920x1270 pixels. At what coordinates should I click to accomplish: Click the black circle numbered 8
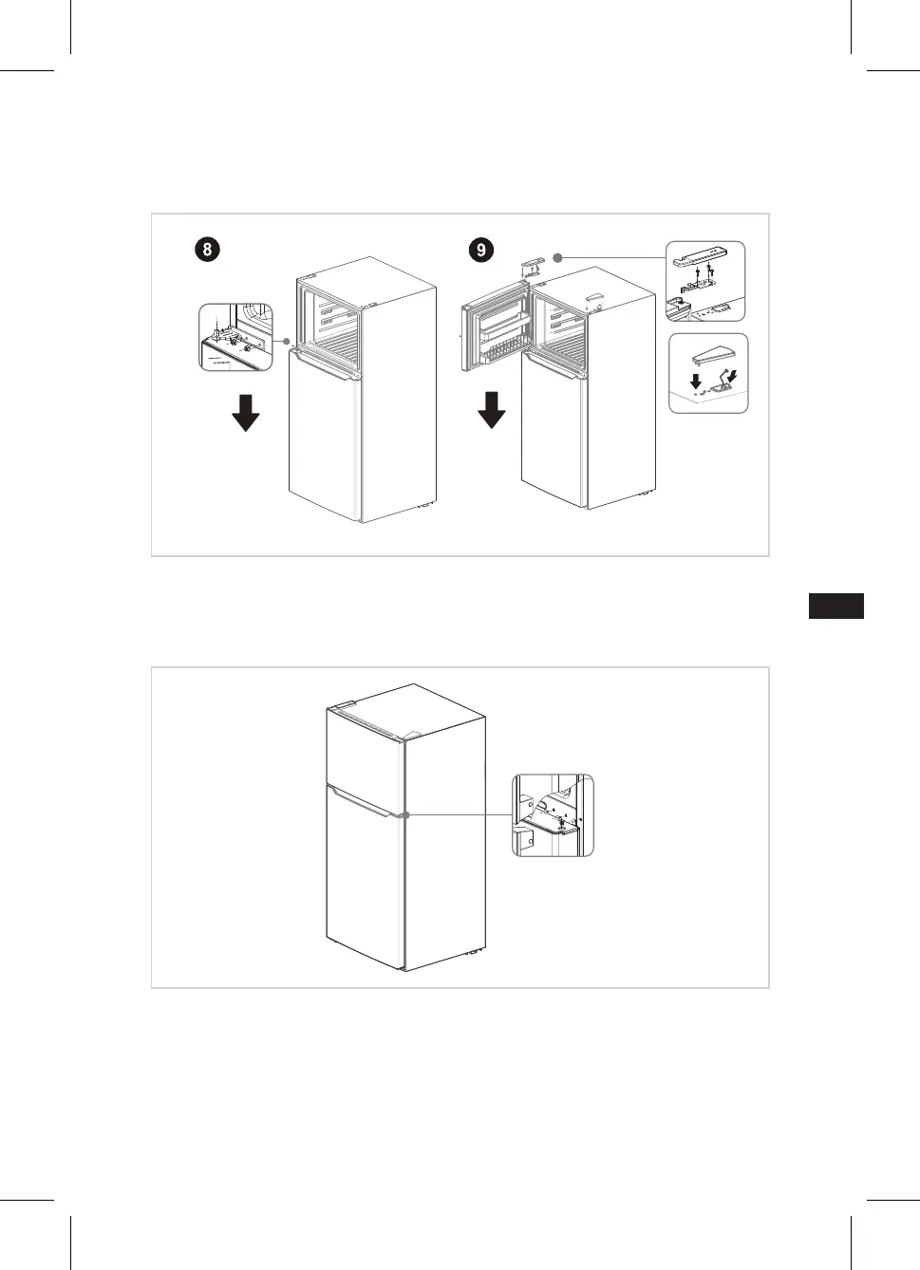207,250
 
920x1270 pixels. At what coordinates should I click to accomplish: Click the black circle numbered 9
481,250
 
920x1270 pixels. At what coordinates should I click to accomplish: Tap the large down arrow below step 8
246,413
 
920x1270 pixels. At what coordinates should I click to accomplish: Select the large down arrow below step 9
492,410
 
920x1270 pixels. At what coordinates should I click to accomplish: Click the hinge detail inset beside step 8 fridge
235,337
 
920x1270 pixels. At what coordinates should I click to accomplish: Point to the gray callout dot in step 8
287,342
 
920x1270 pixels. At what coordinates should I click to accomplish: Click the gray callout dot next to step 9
558,258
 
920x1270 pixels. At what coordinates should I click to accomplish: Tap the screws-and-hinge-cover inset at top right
705,281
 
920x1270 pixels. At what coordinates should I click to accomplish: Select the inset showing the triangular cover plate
708,373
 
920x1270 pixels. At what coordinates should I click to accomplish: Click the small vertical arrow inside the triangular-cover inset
696,382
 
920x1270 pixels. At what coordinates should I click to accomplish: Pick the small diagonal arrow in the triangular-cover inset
732,375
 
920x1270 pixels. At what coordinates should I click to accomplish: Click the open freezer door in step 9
497,327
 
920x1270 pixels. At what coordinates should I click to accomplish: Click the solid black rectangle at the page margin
836,607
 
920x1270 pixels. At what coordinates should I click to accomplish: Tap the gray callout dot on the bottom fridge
405,815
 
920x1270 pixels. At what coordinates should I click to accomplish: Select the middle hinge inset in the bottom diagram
553,815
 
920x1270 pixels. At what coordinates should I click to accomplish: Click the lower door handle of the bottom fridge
363,802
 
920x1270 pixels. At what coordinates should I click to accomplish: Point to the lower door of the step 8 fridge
325,436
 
